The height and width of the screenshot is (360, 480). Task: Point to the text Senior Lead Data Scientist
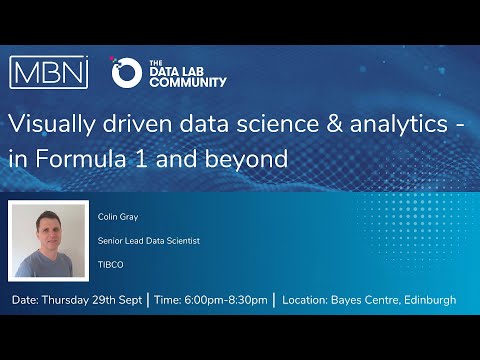tap(147, 240)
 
